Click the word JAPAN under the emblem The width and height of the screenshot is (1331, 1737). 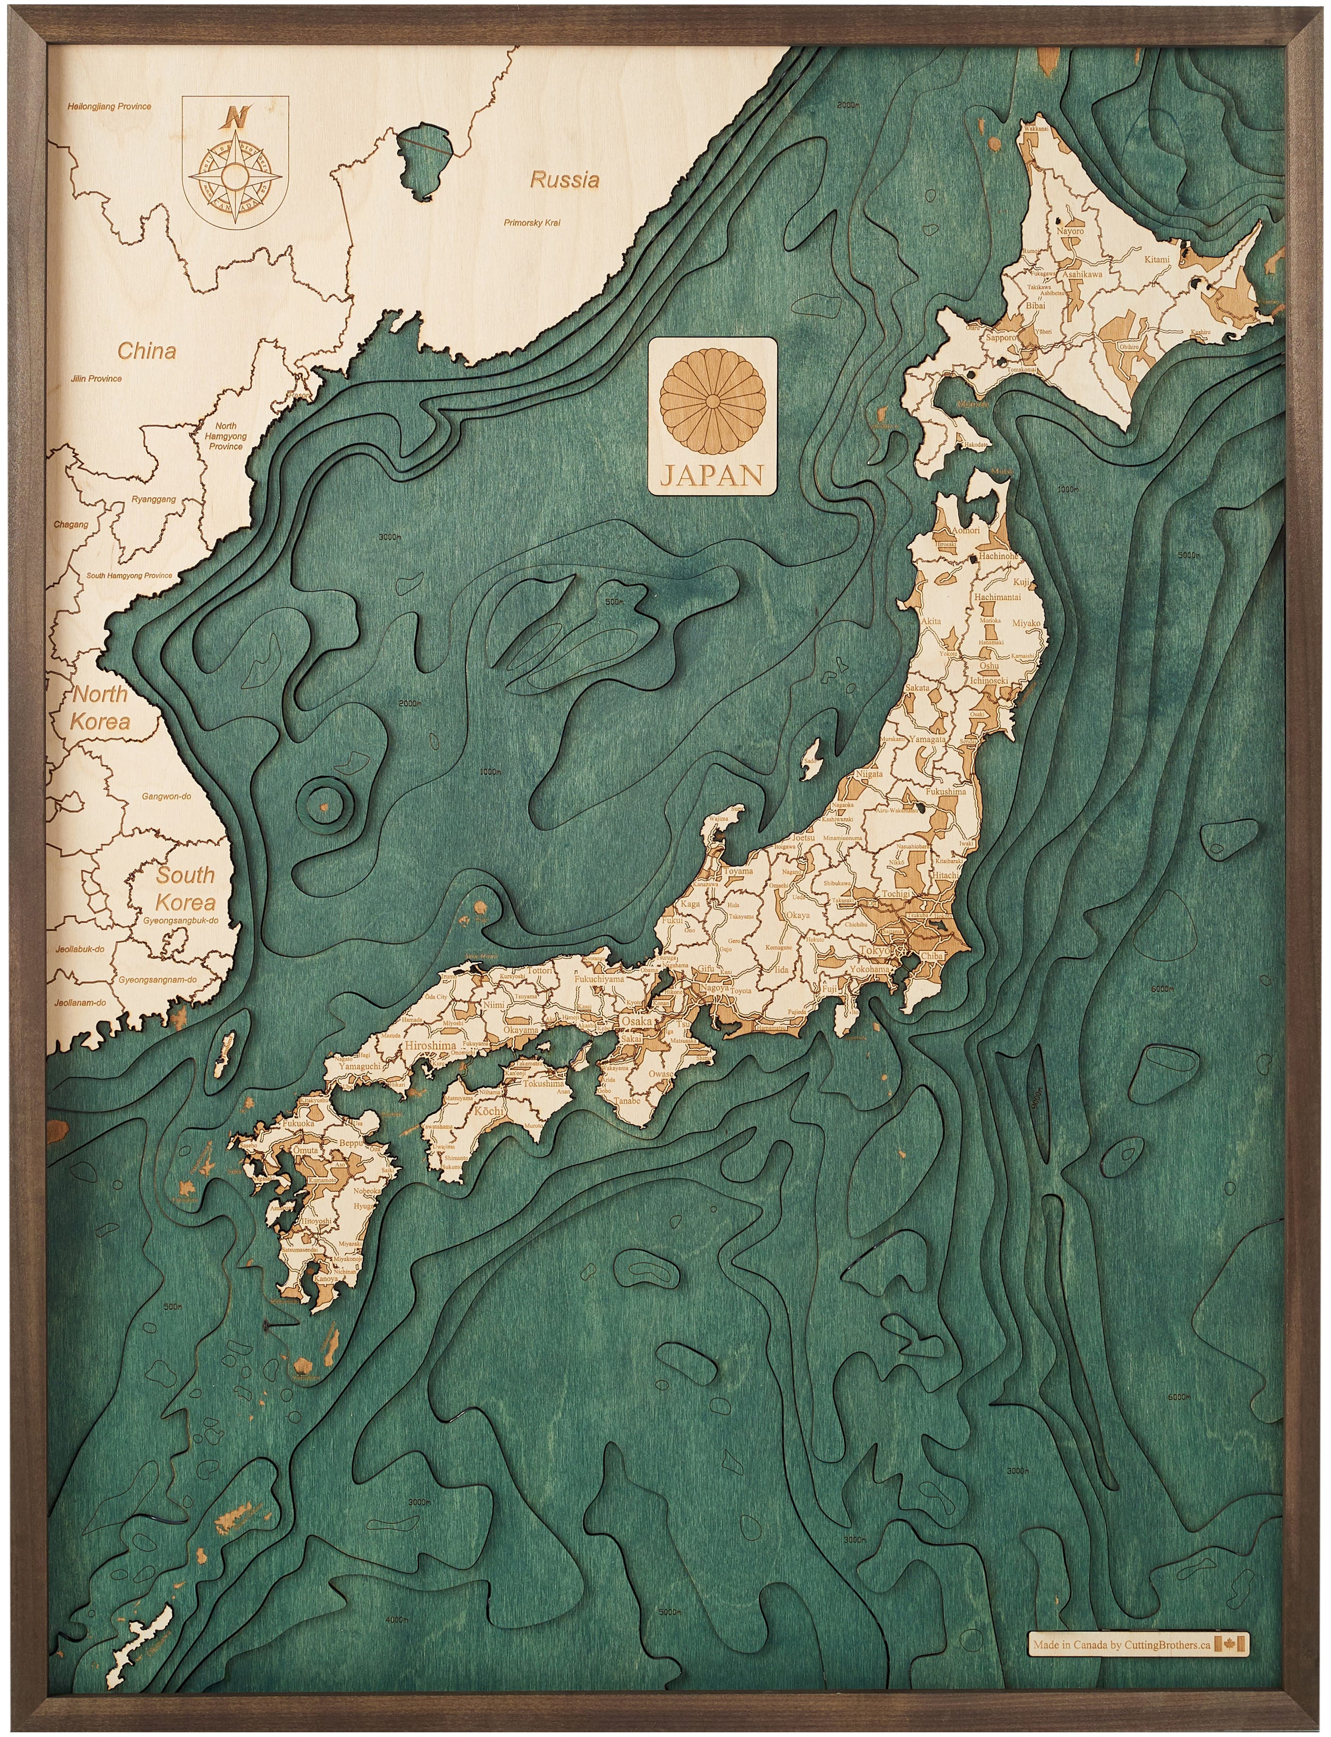[x=712, y=475]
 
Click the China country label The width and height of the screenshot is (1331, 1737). [x=146, y=351]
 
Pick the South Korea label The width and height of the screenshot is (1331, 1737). [x=185, y=889]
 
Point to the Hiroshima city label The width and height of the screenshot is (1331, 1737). [x=430, y=1046]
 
